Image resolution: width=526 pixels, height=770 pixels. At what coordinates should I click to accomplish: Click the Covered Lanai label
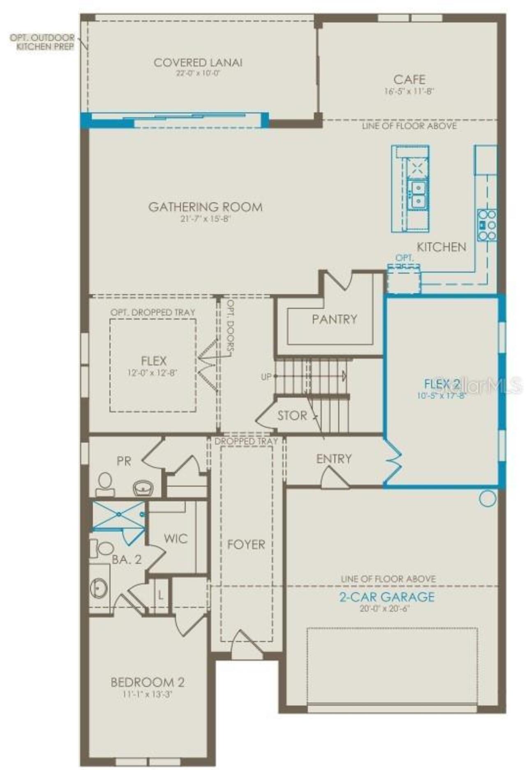coord(198,63)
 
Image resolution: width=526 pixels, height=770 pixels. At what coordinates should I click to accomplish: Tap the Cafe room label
coord(409,79)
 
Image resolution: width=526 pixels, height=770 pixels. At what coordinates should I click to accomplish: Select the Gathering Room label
coord(205,207)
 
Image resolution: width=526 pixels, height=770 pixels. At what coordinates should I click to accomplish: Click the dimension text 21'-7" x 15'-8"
coord(205,219)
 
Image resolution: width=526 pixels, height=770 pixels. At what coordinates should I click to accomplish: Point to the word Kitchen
coord(441,247)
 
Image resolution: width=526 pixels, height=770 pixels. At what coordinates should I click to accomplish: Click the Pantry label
coord(335,319)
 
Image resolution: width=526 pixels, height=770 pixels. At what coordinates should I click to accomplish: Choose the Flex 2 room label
coord(442,384)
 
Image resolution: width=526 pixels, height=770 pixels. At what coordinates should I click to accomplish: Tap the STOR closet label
coord(292,416)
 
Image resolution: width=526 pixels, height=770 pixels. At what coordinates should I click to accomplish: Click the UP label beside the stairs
coord(266,377)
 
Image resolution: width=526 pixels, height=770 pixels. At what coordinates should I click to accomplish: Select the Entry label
coord(334,459)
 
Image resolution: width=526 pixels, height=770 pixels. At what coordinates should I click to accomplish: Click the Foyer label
coord(246,545)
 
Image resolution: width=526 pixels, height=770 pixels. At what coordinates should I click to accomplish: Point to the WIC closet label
coord(175,538)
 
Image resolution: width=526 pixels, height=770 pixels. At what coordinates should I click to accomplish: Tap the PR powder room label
coord(124,461)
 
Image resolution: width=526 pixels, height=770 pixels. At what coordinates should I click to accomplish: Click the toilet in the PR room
coord(105,483)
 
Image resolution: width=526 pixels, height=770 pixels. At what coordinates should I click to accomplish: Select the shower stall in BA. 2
coord(118,514)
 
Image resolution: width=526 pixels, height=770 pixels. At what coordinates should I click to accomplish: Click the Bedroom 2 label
coord(147,682)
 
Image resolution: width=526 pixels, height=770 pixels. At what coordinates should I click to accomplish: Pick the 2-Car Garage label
coord(386,597)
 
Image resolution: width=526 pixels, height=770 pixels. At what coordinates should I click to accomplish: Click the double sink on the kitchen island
coord(418,195)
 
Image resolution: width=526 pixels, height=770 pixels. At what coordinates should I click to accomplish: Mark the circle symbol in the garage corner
coord(487,499)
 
